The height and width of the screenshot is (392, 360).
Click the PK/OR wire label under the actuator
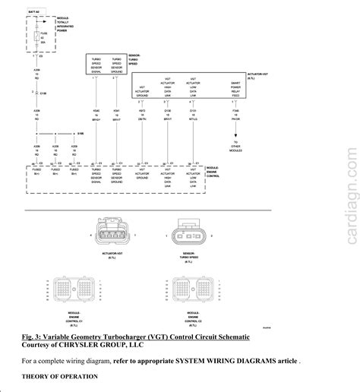click(x=235, y=118)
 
